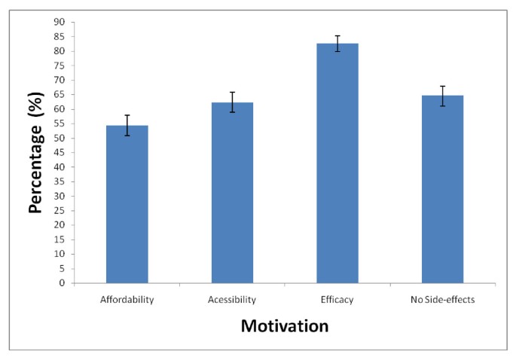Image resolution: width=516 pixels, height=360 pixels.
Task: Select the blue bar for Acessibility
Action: tap(232, 193)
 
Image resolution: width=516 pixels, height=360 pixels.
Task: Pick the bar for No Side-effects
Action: tap(442, 189)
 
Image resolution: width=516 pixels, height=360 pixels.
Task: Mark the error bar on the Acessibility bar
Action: tap(232, 102)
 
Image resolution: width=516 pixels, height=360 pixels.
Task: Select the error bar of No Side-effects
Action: tap(443, 96)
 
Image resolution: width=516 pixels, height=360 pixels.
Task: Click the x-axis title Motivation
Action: tap(284, 327)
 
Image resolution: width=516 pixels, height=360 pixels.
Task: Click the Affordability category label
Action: tap(127, 300)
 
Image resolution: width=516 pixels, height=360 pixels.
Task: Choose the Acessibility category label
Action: tap(232, 300)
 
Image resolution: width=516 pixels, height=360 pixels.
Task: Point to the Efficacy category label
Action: tap(337, 300)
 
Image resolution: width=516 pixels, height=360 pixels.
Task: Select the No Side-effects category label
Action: tap(442, 300)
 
